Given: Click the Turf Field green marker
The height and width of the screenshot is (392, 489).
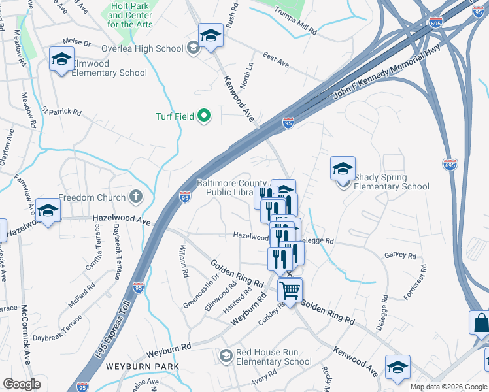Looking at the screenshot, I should coord(204,116).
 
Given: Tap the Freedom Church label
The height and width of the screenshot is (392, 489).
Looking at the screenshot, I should coord(92,197).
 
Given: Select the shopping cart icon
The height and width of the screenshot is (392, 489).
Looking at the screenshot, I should coord(290,289).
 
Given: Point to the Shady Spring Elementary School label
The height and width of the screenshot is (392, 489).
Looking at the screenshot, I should coord(391,182).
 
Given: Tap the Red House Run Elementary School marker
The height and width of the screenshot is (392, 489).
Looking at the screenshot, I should coord(226,356).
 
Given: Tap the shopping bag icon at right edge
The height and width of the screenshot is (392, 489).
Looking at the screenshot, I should coord(481,323).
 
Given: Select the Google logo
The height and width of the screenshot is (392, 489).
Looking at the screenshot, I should coord(22,384).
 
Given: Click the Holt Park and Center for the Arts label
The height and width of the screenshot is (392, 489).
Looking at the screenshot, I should coord(131,15).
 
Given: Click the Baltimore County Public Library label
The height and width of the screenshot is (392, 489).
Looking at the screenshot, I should coord(232,188).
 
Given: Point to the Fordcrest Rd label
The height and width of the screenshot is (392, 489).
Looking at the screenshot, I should coord(414,282).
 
